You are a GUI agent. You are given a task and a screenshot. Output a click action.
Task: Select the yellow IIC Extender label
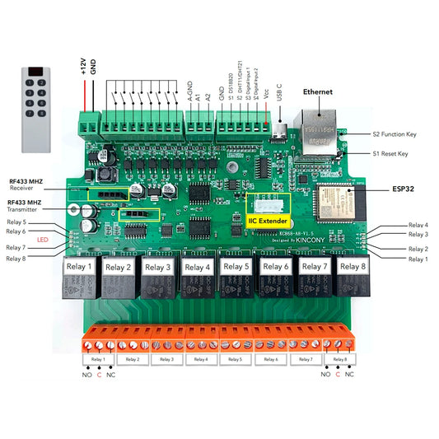[x=269, y=220]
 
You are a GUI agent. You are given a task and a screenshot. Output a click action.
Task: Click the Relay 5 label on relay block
[x=238, y=266]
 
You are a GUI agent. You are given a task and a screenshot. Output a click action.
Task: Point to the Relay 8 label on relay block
[x=353, y=266]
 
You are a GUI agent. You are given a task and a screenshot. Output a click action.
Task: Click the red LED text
[x=41, y=240]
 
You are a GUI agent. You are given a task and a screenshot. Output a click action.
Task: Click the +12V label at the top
[x=83, y=67]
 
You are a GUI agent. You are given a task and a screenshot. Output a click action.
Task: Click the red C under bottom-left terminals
[x=98, y=375]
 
